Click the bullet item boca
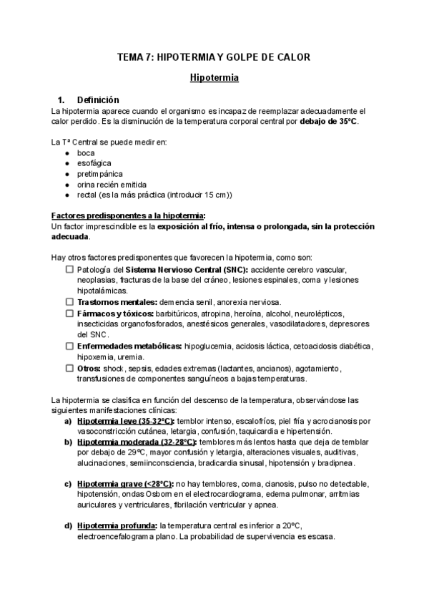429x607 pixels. tap(85, 153)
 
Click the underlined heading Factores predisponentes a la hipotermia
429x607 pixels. tap(128, 216)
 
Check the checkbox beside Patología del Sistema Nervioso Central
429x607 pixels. tap(69, 269)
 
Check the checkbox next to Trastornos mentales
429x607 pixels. tap(69, 302)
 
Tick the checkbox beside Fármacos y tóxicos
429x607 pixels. tap(69, 314)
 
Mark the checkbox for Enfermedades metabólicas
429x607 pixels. tap(69, 346)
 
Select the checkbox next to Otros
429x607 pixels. tap(69, 368)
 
